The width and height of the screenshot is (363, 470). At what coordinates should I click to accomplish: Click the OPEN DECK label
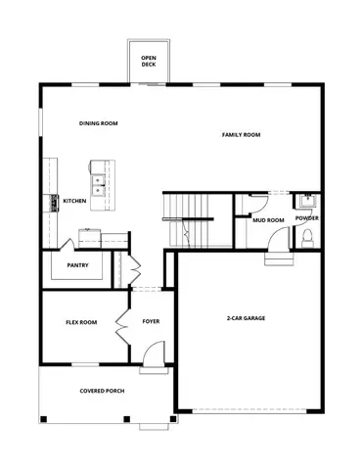pyautogui.click(x=149, y=61)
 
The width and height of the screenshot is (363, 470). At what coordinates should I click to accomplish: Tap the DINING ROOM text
pyautogui.click(x=99, y=123)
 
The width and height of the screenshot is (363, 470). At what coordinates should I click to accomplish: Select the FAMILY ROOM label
pyautogui.click(x=241, y=134)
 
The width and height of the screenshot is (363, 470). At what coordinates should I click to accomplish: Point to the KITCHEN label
pyautogui.click(x=75, y=201)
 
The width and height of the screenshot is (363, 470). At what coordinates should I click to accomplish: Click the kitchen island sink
pyautogui.click(x=99, y=180)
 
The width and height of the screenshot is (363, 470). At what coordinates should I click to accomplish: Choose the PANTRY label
pyautogui.click(x=79, y=265)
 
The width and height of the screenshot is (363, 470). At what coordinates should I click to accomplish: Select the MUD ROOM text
pyautogui.click(x=268, y=220)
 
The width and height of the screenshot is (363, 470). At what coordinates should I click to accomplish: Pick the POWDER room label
pyautogui.click(x=306, y=218)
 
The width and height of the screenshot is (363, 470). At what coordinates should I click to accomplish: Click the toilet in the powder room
pyautogui.click(x=306, y=238)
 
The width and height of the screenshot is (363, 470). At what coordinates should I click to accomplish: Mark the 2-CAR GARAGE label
pyautogui.click(x=247, y=318)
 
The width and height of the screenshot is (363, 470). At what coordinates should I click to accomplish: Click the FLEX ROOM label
pyautogui.click(x=81, y=322)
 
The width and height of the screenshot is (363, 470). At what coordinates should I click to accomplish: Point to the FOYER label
pyautogui.click(x=152, y=321)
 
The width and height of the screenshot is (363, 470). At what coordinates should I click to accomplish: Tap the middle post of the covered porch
pyautogui.click(x=125, y=419)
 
